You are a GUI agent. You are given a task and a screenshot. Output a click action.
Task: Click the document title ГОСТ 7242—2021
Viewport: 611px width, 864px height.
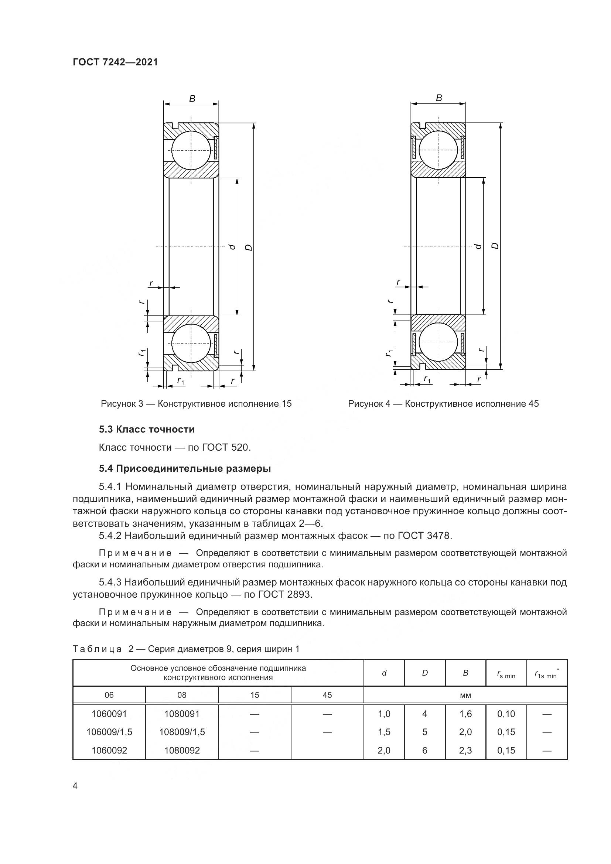tap(115, 62)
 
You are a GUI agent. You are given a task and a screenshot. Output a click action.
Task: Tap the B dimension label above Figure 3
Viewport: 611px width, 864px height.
tap(192, 99)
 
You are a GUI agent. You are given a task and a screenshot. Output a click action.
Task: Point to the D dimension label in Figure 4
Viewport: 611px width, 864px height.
tap(495, 246)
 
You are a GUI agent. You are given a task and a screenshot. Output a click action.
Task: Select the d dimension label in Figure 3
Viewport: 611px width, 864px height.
tap(232, 246)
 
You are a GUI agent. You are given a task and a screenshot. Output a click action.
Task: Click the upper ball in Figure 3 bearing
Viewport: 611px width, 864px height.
tap(191, 150)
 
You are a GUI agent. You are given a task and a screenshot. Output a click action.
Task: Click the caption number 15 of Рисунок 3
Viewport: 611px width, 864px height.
tap(286, 404)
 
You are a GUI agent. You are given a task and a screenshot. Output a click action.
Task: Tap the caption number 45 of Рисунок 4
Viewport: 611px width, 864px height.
tap(533, 404)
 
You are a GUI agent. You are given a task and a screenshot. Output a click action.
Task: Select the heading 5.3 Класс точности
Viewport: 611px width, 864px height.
tap(147, 429)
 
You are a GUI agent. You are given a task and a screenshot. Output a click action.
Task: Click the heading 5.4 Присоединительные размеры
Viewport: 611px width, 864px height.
tap(185, 468)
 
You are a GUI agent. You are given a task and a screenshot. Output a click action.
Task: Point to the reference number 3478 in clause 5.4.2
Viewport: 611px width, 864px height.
tap(438, 536)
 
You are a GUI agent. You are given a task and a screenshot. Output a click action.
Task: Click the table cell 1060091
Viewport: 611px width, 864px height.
tap(109, 714)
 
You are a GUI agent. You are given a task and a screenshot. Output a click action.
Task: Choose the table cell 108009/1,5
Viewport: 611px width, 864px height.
tap(182, 732)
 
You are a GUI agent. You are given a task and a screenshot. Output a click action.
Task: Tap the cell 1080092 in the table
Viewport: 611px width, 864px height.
tap(182, 750)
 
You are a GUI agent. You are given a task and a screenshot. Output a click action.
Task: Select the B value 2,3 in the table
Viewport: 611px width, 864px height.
tap(465, 750)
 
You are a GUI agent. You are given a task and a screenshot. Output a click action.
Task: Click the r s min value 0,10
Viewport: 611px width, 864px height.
tap(506, 714)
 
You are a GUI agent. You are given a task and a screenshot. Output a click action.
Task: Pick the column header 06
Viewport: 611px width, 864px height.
tap(109, 695)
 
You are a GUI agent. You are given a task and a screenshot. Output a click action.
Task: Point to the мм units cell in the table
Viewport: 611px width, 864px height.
tap(465, 696)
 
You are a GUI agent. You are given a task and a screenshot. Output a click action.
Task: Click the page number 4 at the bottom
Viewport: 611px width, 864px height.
tap(75, 786)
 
